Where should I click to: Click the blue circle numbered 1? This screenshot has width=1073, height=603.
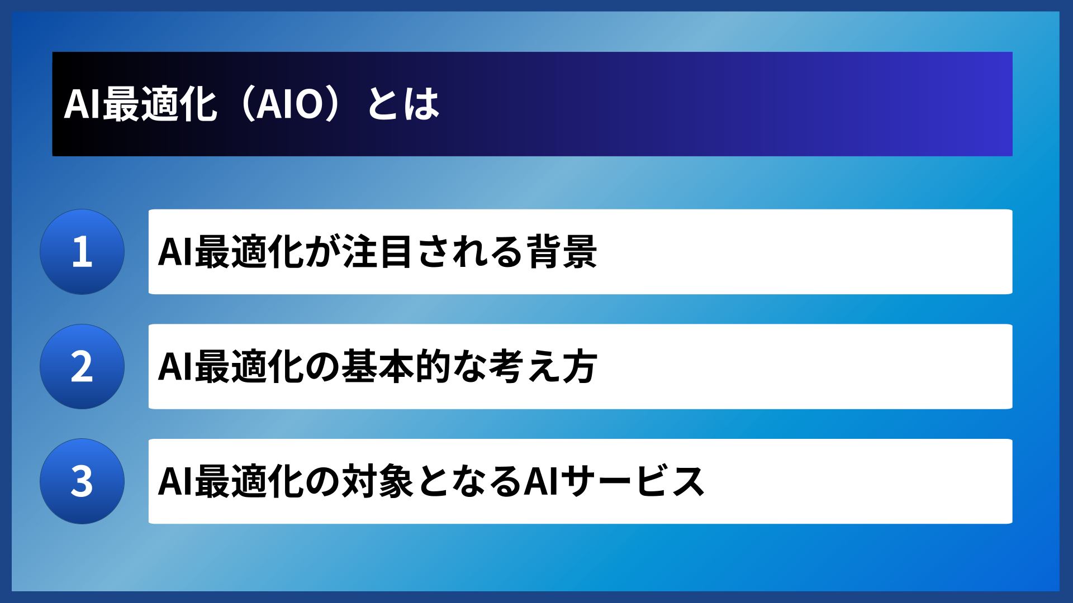(x=82, y=252)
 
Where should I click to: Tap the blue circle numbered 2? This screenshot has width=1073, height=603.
(x=82, y=367)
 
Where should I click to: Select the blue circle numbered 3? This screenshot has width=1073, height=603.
(x=82, y=481)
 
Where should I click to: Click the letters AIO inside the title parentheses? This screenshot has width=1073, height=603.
(x=289, y=104)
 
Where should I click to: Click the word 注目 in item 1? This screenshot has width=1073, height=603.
(x=378, y=252)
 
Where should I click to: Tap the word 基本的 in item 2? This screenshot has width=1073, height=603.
(x=396, y=367)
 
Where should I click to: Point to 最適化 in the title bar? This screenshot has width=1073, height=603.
(x=160, y=104)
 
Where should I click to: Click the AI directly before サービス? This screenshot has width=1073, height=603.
(x=541, y=481)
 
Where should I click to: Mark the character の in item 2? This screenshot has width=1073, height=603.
(x=322, y=367)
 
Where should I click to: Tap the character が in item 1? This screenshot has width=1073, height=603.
(x=322, y=252)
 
